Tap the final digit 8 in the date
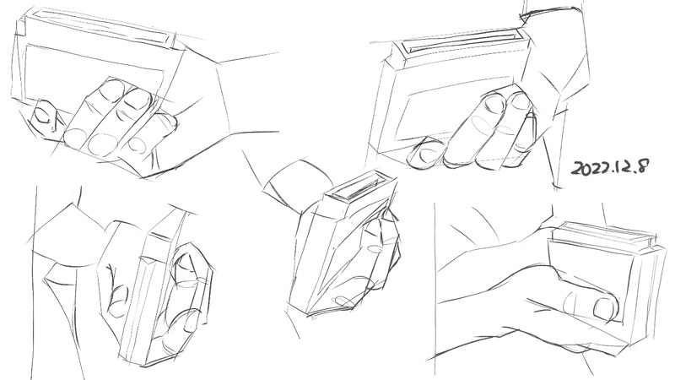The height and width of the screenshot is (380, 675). point(642,166)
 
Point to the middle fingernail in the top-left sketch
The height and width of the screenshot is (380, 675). point(137,99)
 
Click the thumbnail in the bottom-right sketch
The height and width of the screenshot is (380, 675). point(605,307)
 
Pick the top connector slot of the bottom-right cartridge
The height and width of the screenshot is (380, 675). point(602,234)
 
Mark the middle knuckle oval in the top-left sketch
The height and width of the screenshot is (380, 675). point(102,144)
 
